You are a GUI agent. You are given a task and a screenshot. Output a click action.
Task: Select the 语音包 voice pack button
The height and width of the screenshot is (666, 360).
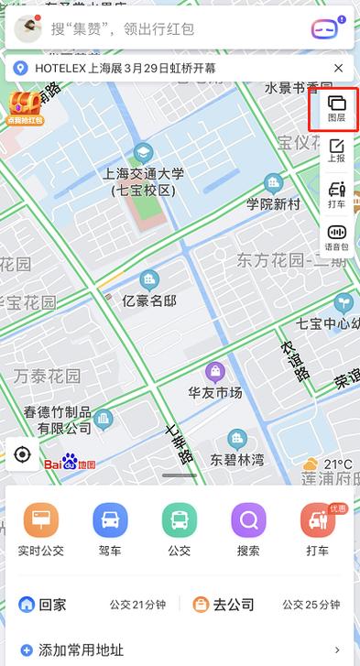pyautogui.click(x=336, y=237)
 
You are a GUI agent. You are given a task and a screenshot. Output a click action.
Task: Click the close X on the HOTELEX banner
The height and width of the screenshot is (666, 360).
pyautogui.click(x=338, y=68)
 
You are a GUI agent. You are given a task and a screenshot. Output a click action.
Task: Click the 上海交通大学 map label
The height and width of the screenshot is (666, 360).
pyautogui.click(x=144, y=173)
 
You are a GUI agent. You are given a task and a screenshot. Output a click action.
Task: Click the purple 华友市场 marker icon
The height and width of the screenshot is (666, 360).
pyautogui.click(x=215, y=371)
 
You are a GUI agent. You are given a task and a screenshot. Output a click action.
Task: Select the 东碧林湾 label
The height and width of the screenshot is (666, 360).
pyautogui.click(x=236, y=459)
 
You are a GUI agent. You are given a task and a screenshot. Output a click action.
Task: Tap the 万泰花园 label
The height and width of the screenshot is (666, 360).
pyautogui.click(x=47, y=376)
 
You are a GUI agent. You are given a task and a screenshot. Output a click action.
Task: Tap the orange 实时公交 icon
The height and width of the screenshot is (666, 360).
pyautogui.click(x=40, y=521)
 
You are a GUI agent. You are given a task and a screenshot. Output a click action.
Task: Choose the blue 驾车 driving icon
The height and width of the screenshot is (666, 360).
pyautogui.click(x=110, y=521)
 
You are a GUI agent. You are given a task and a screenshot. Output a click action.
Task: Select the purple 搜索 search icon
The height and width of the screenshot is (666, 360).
pyautogui.click(x=248, y=521)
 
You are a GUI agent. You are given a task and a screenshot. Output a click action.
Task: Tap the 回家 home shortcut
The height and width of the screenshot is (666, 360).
pyautogui.click(x=43, y=605)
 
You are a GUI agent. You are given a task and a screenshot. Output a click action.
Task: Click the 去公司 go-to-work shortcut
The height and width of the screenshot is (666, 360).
pyautogui.click(x=223, y=605)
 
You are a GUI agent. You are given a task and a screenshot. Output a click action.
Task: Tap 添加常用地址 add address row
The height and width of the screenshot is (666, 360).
pyautogui.click(x=82, y=650)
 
